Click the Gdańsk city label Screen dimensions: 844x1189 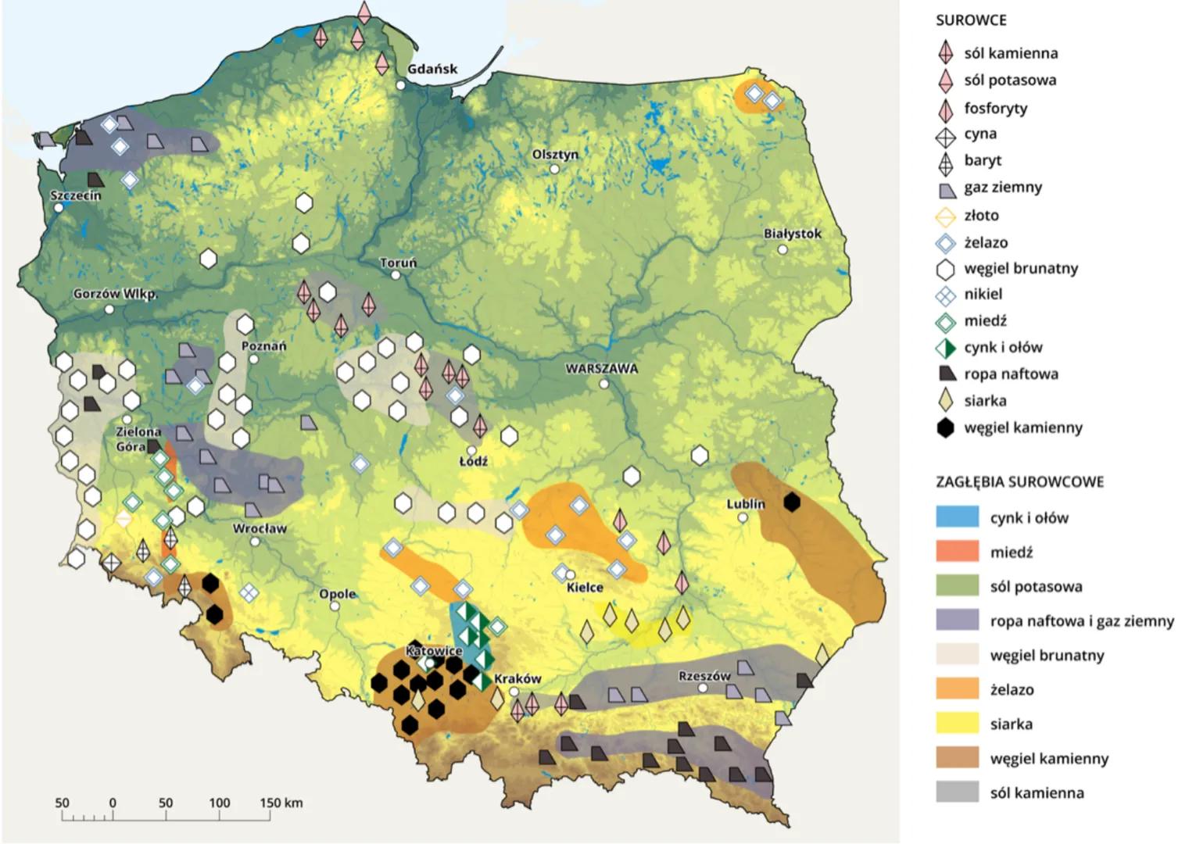[x=432, y=69]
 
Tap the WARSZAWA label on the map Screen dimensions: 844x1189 [x=601, y=369]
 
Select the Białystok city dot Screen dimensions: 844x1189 [x=783, y=249]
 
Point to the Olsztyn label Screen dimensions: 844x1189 [x=555, y=154]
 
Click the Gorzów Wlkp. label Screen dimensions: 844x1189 [x=115, y=295]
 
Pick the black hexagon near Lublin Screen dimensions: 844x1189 [x=792, y=502]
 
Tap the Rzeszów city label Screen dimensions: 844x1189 [x=704, y=675]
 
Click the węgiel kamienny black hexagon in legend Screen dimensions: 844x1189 [x=946, y=427]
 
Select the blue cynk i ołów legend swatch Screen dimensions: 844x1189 [x=957, y=517]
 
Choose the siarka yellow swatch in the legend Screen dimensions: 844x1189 [x=957, y=723]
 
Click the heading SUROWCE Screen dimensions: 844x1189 [x=971, y=20]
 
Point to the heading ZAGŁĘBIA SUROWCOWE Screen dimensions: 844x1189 [x=1019, y=481]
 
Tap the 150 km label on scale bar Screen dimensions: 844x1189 [x=281, y=803]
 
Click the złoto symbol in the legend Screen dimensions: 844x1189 [x=946, y=216]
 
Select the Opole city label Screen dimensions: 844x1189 [x=337, y=594]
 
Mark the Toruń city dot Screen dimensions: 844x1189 [x=396, y=275]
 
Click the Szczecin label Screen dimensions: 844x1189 [x=76, y=195]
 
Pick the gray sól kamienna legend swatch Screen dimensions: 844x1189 [x=957, y=792]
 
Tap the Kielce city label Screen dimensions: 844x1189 [x=585, y=587]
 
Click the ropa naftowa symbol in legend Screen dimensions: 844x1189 [x=946, y=374]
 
